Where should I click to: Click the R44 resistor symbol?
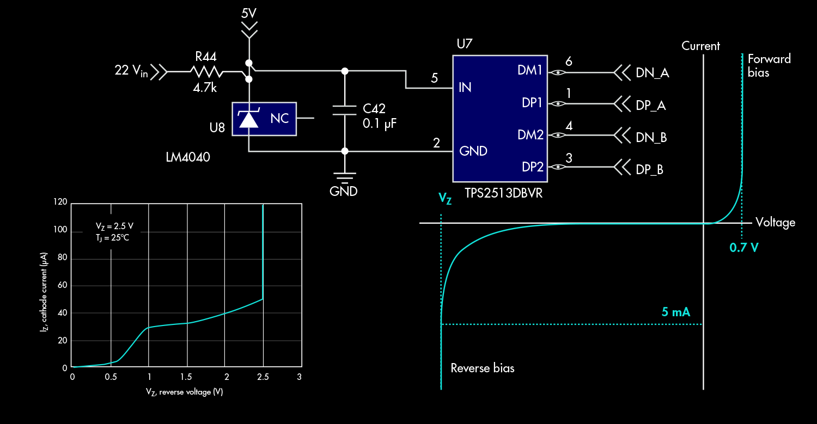(206, 71)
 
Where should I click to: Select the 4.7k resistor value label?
(204, 87)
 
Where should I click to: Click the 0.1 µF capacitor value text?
(380, 123)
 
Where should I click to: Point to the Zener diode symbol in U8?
(249, 118)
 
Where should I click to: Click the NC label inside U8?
(279, 119)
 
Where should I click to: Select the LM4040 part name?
(188, 157)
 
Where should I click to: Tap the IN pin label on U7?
(465, 87)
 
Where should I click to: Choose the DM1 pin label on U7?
(532, 71)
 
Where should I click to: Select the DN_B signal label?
(651, 138)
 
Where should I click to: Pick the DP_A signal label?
(651, 106)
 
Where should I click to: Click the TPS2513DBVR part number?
(503, 193)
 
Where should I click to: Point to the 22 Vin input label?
(131, 71)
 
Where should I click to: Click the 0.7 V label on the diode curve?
(744, 248)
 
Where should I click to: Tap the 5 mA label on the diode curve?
(676, 312)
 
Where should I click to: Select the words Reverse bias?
(482, 368)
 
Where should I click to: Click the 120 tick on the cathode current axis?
(60, 202)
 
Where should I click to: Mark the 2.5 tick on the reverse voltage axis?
(263, 377)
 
